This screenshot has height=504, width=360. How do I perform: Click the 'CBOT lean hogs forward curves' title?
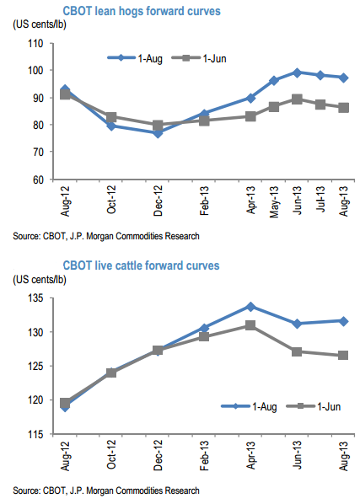click(142, 11)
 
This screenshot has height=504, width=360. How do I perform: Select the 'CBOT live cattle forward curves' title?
click(141, 265)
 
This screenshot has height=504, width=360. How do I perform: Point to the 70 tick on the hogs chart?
click(38, 152)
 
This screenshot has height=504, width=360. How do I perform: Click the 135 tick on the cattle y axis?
click(35, 298)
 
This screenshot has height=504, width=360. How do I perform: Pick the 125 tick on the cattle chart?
click(35, 366)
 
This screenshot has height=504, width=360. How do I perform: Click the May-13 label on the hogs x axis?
click(274, 202)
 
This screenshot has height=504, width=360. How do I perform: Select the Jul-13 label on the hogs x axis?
click(320, 199)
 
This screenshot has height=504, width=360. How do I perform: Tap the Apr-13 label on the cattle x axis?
click(250, 455)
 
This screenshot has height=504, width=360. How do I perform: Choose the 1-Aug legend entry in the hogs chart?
click(135, 58)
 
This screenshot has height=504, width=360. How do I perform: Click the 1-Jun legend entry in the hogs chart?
click(199, 58)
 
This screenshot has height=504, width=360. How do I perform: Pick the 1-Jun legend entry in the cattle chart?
click(314, 406)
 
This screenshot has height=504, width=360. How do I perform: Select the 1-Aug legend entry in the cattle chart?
click(249, 406)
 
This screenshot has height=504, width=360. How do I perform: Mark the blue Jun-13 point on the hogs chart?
click(297, 72)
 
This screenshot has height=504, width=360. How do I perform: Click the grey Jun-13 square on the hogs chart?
click(297, 99)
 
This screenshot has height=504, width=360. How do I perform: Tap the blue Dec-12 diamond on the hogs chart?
click(158, 133)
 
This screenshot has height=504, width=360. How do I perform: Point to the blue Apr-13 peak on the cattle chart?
click(250, 307)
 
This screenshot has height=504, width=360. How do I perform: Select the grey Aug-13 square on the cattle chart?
click(343, 355)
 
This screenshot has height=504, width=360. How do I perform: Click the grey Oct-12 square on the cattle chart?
click(111, 373)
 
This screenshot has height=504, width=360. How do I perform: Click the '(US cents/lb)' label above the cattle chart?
click(40, 279)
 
